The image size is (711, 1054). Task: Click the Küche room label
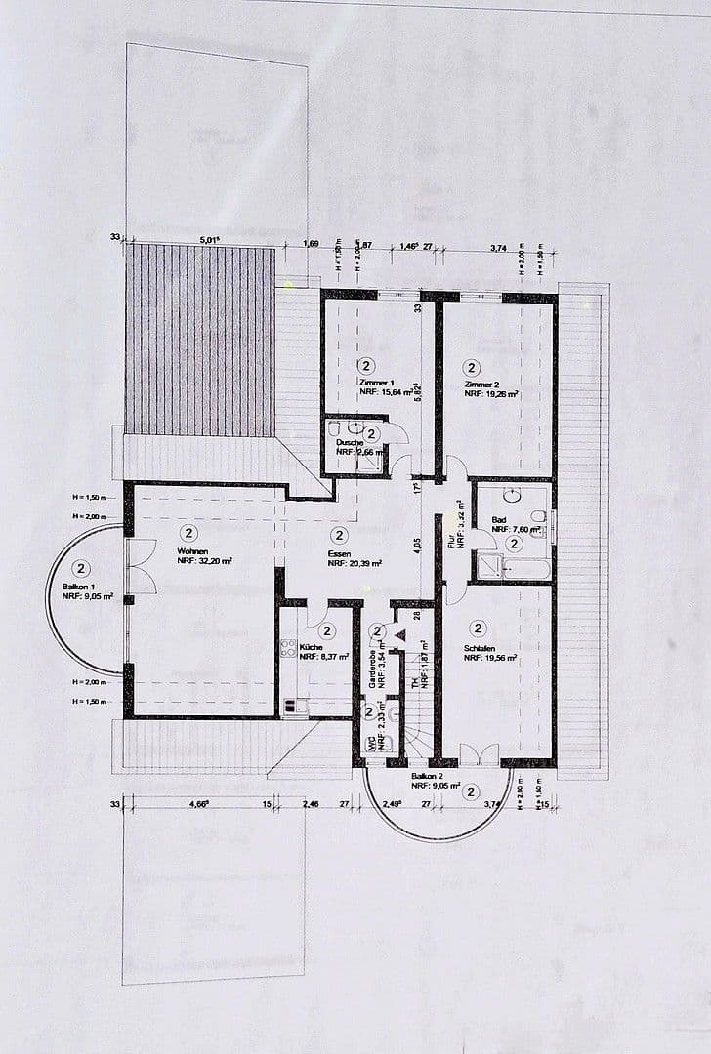pos(312,647)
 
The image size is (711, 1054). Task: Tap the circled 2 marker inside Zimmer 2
pos(472,368)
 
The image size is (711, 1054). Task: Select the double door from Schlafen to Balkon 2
pos(479,754)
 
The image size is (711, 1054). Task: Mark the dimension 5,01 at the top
pos(208,238)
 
